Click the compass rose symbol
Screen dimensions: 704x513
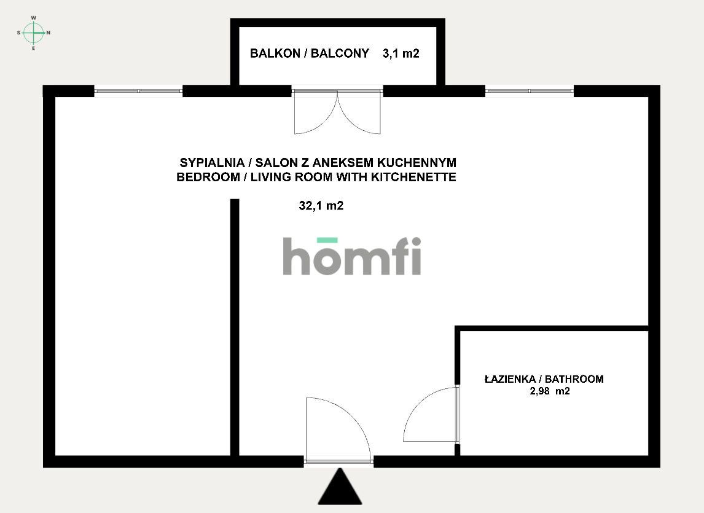[34, 33]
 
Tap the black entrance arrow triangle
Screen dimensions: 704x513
[340, 487]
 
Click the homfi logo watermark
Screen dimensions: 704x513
[352, 256]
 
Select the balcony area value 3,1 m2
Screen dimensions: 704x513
[401, 53]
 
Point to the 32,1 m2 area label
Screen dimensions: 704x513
[321, 206]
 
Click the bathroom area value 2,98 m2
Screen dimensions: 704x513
[550, 391]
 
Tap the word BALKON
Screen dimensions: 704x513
[275, 53]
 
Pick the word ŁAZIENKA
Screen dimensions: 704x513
[510, 378]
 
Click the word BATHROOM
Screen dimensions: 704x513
[574, 378]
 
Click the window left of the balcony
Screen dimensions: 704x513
[138, 91]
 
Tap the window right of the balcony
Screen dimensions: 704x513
[530, 91]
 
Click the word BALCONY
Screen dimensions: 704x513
[340, 53]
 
